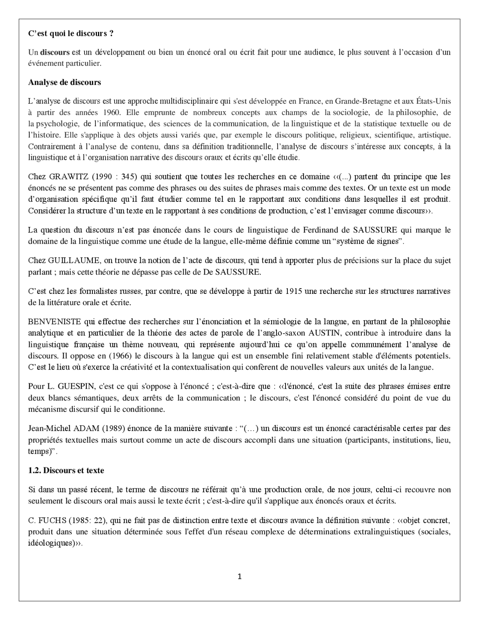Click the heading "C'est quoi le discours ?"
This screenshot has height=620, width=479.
pos(71,33)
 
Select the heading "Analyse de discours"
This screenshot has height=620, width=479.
pos(64,82)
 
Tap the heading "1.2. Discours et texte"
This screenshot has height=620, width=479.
pos(66,470)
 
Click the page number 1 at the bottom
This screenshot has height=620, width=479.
pos(239,576)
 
